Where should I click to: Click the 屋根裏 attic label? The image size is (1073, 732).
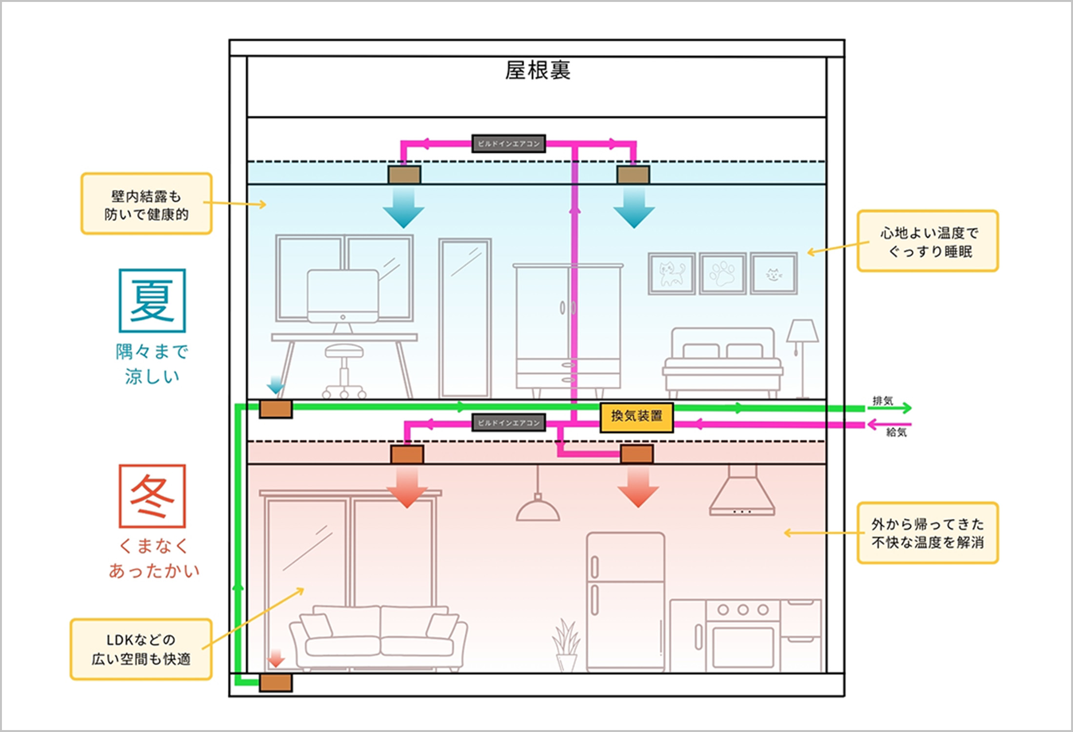click(537, 71)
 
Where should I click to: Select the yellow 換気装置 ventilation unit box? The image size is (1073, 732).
click(636, 417)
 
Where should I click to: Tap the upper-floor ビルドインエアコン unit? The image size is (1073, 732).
click(508, 143)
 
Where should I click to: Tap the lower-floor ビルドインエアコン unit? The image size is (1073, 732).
click(508, 423)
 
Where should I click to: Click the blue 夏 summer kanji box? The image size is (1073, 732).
click(152, 301)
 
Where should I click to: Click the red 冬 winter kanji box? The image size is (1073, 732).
click(152, 496)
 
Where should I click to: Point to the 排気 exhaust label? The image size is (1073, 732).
click(882, 401)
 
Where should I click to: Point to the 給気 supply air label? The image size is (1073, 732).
click(896, 432)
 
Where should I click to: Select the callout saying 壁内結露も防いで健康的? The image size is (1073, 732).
click(146, 204)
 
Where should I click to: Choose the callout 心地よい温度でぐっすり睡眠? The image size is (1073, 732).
click(928, 241)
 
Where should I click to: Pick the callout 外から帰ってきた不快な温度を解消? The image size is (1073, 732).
click(928, 533)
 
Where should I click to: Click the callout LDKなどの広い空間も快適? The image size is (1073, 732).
click(141, 650)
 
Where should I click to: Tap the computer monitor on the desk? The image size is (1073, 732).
click(343, 296)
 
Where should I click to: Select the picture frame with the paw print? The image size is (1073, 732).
click(722, 273)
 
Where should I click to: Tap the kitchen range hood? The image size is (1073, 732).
click(742, 493)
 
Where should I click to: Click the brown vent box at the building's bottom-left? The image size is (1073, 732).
click(276, 683)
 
